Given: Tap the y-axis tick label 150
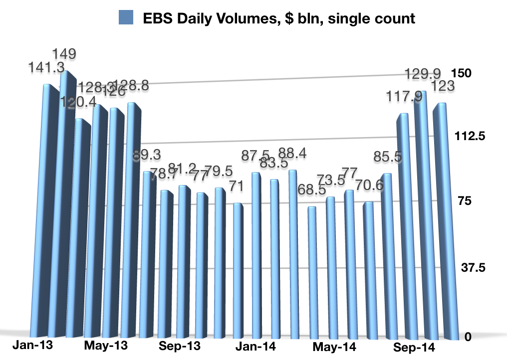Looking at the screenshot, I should (x=461, y=73).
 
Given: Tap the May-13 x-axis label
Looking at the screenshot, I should (x=107, y=345).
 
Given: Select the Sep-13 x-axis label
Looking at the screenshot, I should (x=179, y=346).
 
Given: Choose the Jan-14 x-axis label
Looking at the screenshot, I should (x=253, y=346).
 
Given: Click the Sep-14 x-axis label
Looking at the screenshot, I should (x=414, y=347).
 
